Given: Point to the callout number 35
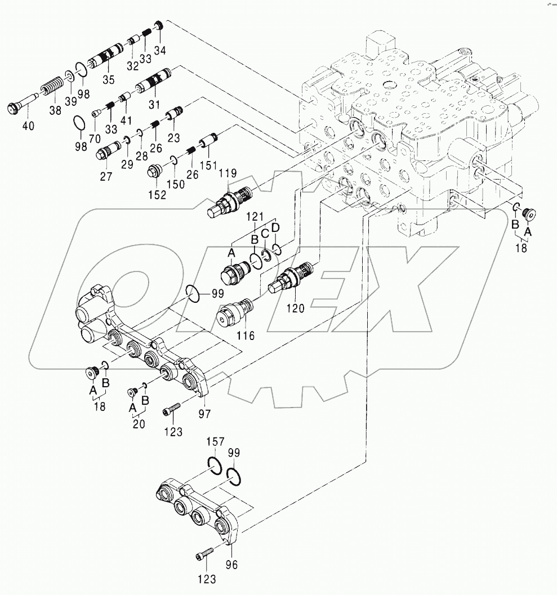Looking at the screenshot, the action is [x=109, y=79].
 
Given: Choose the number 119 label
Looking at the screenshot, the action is [x=228, y=173].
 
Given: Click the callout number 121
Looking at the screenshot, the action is [x=255, y=217].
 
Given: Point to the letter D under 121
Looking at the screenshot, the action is [x=275, y=227].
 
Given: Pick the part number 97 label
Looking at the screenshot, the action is [x=204, y=413].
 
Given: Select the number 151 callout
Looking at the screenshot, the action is [x=208, y=165].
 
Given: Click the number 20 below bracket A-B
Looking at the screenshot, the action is [x=139, y=423].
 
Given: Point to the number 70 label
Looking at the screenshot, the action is [x=95, y=138].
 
